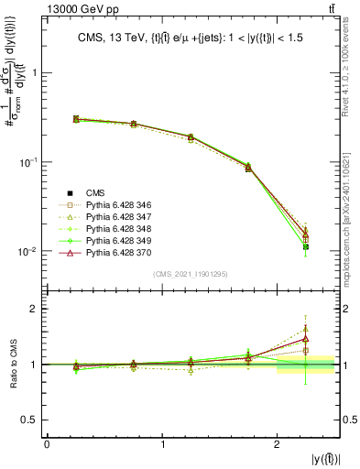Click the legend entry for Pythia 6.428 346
pos(115,203)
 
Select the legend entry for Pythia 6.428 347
pos(115,215)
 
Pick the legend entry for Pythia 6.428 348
pos(115,227)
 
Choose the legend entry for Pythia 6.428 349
pos(115,239)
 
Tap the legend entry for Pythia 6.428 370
pos(115,251)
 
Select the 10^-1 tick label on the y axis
pos(29,162)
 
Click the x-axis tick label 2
pos(278,444)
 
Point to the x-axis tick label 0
pos(47,444)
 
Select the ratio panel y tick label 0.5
pos(33,420)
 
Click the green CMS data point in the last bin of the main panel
pos(306,246)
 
